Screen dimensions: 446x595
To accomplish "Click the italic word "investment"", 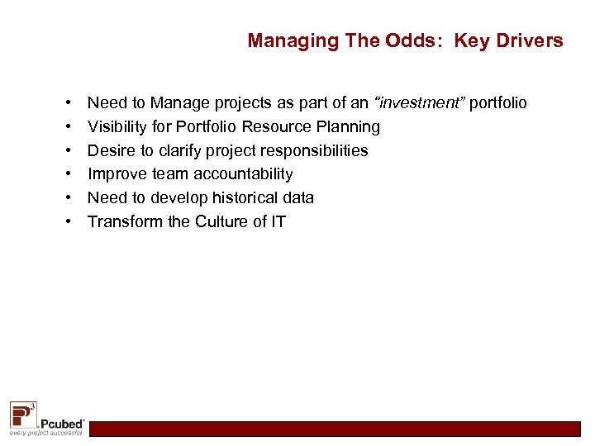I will (x=420, y=103).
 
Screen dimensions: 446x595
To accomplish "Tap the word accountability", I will (x=243, y=173).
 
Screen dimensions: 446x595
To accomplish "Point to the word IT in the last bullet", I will (x=278, y=221).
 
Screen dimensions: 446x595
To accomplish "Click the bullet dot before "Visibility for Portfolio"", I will (x=64, y=126).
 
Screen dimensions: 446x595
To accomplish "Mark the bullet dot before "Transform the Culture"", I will (x=64, y=221).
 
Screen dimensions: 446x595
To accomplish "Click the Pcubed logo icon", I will (x=22, y=413).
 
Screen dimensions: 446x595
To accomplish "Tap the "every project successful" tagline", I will (x=45, y=433).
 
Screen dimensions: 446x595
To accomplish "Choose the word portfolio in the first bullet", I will (x=498, y=103).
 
